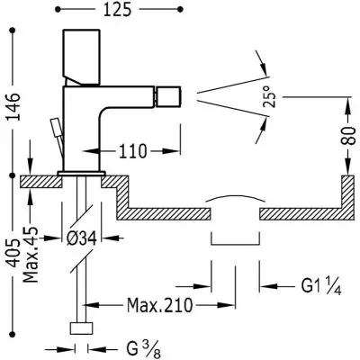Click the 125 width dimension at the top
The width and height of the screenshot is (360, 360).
tap(117, 10)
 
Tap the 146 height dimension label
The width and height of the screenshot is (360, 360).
tap(13, 107)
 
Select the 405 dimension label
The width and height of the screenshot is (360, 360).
tap(13, 254)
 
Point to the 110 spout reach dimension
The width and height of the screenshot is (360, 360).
tap(133, 151)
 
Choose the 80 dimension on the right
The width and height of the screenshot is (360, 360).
tap(349, 136)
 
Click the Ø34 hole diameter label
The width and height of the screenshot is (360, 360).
tap(81, 238)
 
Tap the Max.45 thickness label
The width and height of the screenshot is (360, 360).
tap(31, 255)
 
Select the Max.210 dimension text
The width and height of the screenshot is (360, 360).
tap(159, 305)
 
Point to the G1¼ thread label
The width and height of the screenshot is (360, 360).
tap(321, 286)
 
